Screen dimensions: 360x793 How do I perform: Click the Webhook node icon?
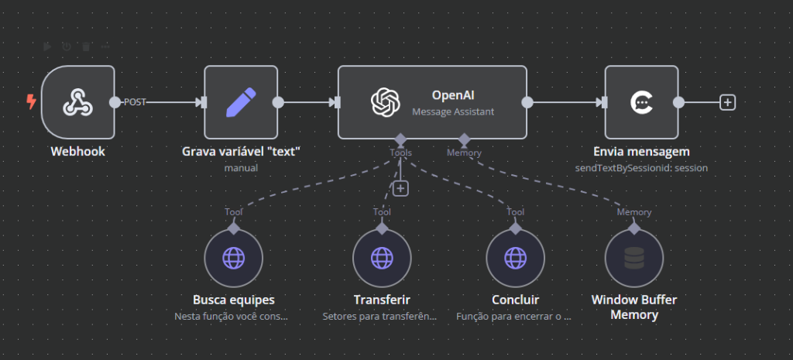pos(77,102)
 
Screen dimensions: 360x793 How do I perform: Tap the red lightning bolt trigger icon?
pos(31,102)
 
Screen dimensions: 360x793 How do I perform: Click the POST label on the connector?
pos(135,102)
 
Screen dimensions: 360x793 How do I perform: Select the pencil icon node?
pos(241,102)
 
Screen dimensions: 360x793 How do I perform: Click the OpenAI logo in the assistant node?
pos(385,102)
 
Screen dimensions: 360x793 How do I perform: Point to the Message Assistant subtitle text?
pos(453,111)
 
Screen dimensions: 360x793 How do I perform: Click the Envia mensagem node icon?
pos(641,102)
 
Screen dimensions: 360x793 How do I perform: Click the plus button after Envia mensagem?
pos(727,102)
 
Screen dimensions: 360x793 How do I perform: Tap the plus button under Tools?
pos(400,188)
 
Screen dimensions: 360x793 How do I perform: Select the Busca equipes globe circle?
pos(233,258)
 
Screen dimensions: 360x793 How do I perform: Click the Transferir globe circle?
pos(382,258)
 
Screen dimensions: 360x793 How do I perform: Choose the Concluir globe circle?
pos(515,258)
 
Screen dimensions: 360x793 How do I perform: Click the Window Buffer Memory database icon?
pos(633,258)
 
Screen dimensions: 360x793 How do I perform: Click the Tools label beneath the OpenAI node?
pos(400,153)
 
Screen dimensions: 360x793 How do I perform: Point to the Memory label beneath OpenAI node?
pos(464,153)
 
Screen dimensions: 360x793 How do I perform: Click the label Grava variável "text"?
pos(241,151)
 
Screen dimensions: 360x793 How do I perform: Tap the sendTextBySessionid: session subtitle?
pos(641,167)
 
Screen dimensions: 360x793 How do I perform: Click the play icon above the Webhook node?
pos(48,46)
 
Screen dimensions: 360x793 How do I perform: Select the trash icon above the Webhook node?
pos(85,46)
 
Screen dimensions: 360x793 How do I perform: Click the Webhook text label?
pos(77,151)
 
